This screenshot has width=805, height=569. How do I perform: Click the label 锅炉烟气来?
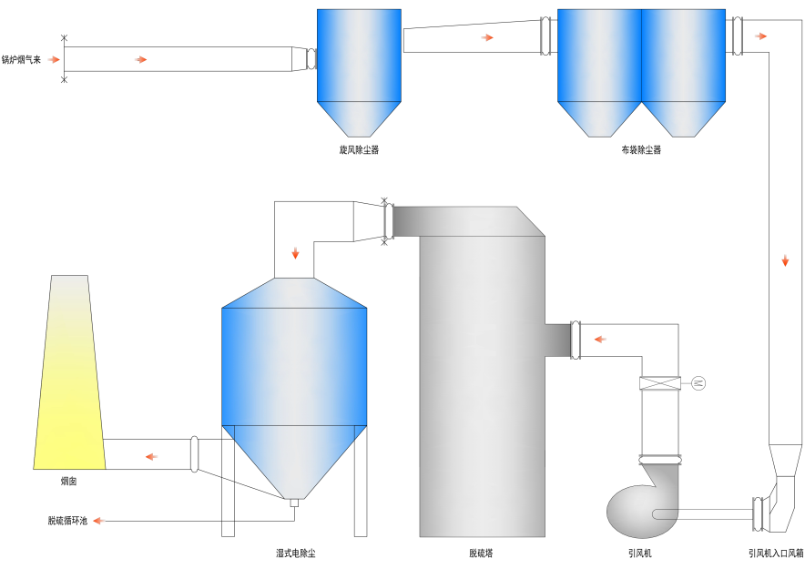pyautogui.click(x=22, y=59)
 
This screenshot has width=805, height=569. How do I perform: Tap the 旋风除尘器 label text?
pyautogui.click(x=358, y=148)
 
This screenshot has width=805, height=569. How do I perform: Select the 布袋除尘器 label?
pyautogui.click(x=641, y=149)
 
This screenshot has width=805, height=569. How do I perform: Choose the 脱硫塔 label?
pyautogui.click(x=482, y=553)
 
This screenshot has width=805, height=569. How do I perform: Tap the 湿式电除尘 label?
pyautogui.click(x=295, y=553)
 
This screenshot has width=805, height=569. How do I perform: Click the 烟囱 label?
pyautogui.click(x=68, y=480)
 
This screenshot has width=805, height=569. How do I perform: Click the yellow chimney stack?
pyautogui.click(x=69, y=382)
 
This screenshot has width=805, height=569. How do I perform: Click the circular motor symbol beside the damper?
pyautogui.click(x=698, y=382)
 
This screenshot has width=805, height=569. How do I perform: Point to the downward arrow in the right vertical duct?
pyautogui.click(x=785, y=261)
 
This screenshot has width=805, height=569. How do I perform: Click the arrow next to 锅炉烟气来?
pyautogui.click(x=55, y=59)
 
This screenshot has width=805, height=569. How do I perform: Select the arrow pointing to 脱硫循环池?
pyautogui.click(x=98, y=521)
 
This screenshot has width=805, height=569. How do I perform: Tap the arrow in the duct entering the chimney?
pyautogui.click(x=151, y=455)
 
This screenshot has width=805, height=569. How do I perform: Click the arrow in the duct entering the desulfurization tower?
pyautogui.click(x=600, y=340)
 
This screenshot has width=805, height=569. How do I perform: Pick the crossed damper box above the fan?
pyautogui.click(x=660, y=384)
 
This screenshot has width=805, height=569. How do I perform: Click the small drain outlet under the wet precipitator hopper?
pyautogui.click(x=294, y=502)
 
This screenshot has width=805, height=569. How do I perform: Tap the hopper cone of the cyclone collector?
pyautogui.click(x=358, y=118)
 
